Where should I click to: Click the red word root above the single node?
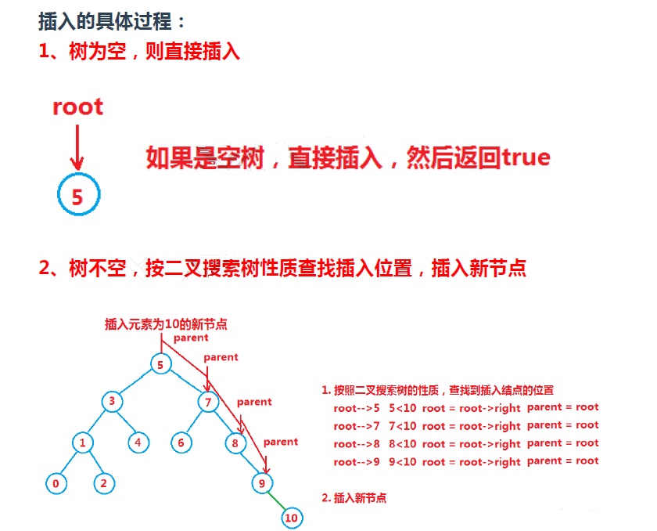click(77, 107)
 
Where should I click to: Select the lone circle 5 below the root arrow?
click(77, 197)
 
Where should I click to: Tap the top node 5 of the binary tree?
click(160, 364)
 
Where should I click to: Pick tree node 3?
click(112, 402)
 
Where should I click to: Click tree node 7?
click(208, 403)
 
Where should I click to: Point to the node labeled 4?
click(138, 442)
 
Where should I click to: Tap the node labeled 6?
click(181, 442)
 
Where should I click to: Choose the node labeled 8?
click(235, 443)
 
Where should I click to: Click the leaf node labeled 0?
click(56, 483)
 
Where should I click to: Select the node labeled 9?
click(262, 483)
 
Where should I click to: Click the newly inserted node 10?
click(291, 518)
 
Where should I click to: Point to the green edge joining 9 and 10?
click(277, 501)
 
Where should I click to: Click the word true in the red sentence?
click(526, 157)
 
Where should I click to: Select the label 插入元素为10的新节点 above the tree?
click(166, 323)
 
